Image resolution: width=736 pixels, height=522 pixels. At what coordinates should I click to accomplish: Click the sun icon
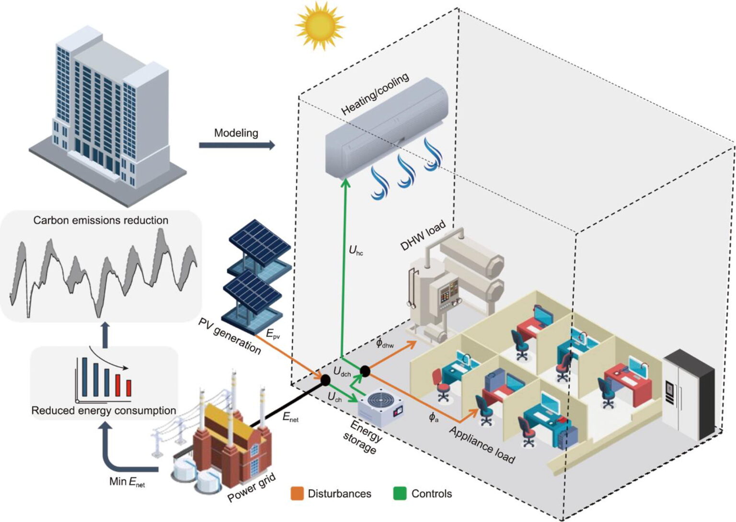tap(320, 25)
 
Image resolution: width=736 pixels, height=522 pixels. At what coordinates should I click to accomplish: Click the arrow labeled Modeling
tap(237, 145)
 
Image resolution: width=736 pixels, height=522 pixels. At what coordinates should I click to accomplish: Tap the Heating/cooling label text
tap(375, 94)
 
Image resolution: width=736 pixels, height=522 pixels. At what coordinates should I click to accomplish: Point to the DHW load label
tap(423, 235)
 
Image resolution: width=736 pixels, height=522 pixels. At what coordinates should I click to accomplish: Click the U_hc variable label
tap(356, 250)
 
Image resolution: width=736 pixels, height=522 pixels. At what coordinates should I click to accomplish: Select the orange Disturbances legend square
tap(297, 493)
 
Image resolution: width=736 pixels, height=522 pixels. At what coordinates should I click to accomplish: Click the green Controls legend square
tap(399, 493)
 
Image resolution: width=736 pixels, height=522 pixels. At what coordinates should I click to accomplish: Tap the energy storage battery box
tap(380, 409)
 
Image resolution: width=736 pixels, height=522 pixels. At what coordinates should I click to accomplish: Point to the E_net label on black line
tap(290, 417)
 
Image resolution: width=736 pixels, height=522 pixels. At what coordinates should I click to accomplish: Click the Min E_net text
tap(127, 482)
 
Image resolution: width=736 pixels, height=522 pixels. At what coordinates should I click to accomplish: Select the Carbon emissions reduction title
tap(101, 220)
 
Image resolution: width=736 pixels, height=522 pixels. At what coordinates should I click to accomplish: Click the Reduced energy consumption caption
tap(103, 410)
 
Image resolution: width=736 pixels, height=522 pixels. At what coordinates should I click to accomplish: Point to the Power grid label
tap(252, 488)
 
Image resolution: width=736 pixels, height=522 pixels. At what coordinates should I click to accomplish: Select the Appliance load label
tap(482, 445)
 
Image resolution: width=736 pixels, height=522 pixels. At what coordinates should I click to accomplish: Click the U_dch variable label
tap(342, 372)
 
